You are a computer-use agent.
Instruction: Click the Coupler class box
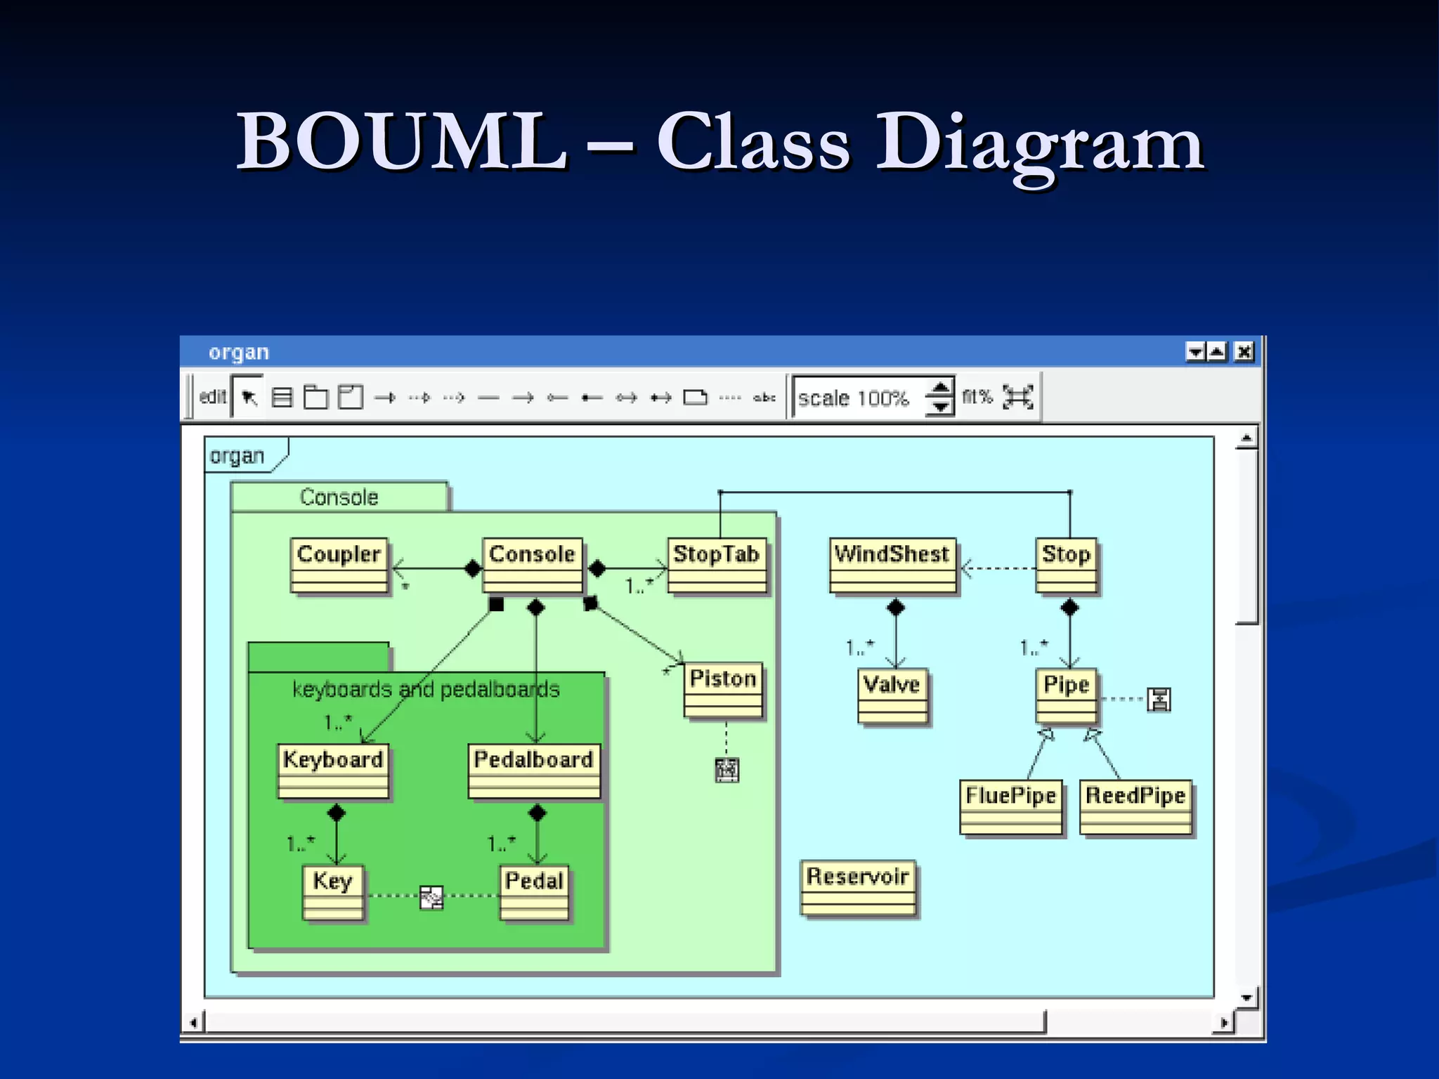pyautogui.click(x=339, y=565)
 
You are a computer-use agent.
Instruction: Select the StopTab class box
pyautogui.click(x=717, y=565)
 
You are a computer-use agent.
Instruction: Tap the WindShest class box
pyautogui.click(x=892, y=565)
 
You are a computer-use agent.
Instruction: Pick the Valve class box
pyautogui.click(x=892, y=695)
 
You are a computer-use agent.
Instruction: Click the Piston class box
pyautogui.click(x=723, y=690)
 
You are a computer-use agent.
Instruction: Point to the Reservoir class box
pyautogui.click(x=859, y=888)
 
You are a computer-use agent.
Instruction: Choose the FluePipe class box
pyautogui.click(x=1011, y=806)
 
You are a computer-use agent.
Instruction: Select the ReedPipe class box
pyautogui.click(x=1135, y=806)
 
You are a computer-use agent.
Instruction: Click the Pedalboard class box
pyautogui.click(x=534, y=771)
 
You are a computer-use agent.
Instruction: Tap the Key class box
pyautogui.click(x=333, y=891)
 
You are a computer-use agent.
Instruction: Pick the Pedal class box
pyautogui.click(x=534, y=891)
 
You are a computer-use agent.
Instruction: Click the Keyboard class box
pyautogui.click(x=333, y=771)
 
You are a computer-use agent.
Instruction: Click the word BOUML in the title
pyautogui.click(x=402, y=142)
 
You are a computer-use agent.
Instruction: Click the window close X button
pyautogui.click(x=1244, y=351)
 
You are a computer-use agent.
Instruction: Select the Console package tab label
pyautogui.click(x=339, y=497)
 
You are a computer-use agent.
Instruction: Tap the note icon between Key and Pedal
pyautogui.click(x=431, y=897)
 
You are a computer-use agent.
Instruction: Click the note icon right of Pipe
pyautogui.click(x=1159, y=699)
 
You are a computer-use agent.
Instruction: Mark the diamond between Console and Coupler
pyautogui.click(x=473, y=568)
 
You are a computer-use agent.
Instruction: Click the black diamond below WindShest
pyautogui.click(x=896, y=607)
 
